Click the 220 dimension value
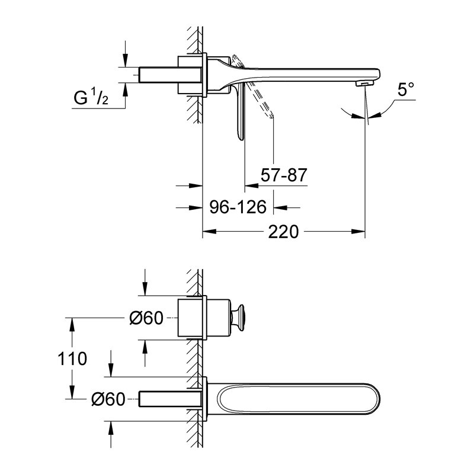pos(283,232)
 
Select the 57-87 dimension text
pos(284,175)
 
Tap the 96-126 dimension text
pos(238,207)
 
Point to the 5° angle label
pos(405,90)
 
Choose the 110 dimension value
pos(72,359)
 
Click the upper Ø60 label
pos(146,318)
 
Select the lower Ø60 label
pos(108,399)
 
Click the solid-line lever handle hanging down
pos(239,113)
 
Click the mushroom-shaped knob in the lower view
pos(237,318)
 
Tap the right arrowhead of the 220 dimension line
pos(358,232)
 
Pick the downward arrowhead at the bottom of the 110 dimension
pos(72,392)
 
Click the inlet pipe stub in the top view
pos(170,75)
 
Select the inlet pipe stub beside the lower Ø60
pos(170,399)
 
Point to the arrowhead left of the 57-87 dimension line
pos(251,185)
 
